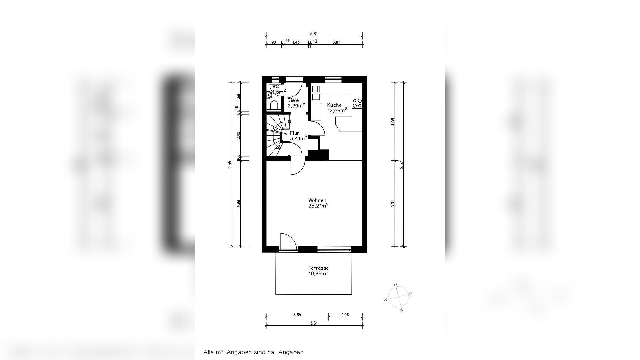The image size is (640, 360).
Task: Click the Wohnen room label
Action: (x=317, y=200)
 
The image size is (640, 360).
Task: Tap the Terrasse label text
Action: (x=318, y=268)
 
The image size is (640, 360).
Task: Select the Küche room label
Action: (x=334, y=105)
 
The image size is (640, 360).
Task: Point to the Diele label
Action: (x=293, y=100)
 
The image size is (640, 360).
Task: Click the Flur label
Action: (x=295, y=133)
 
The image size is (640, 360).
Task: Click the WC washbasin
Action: (x=269, y=95)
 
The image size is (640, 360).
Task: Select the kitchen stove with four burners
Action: (x=357, y=103)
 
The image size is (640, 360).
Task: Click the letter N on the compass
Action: (x=396, y=284)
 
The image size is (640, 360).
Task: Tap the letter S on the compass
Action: (x=401, y=310)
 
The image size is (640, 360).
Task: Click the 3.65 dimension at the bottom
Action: (x=297, y=315)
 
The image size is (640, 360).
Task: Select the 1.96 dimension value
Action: (x=345, y=315)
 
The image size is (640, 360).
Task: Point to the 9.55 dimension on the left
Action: (x=230, y=165)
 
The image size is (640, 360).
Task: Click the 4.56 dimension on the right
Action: (x=393, y=122)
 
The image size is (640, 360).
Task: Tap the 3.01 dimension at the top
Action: (x=336, y=42)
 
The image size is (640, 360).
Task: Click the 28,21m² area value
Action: (x=318, y=206)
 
